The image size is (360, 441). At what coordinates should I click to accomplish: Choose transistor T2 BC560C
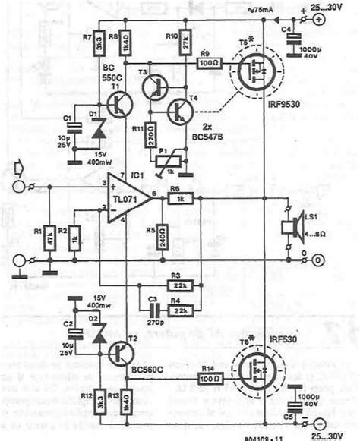(119, 351)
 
